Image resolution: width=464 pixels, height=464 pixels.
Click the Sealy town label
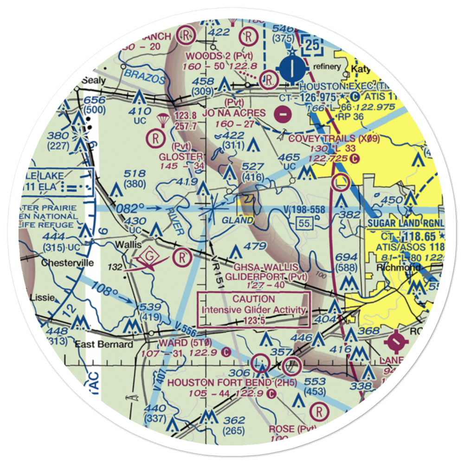coord(94,80)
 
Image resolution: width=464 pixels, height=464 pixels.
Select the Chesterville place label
coord(67,263)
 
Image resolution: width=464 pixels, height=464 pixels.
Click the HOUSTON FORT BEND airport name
coord(218,383)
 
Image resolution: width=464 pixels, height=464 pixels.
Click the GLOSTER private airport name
coord(180,156)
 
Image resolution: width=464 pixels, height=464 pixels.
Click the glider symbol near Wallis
coord(149,257)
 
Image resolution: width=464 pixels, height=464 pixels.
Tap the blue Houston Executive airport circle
coord(291,69)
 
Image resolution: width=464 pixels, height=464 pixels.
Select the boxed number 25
coord(314,45)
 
